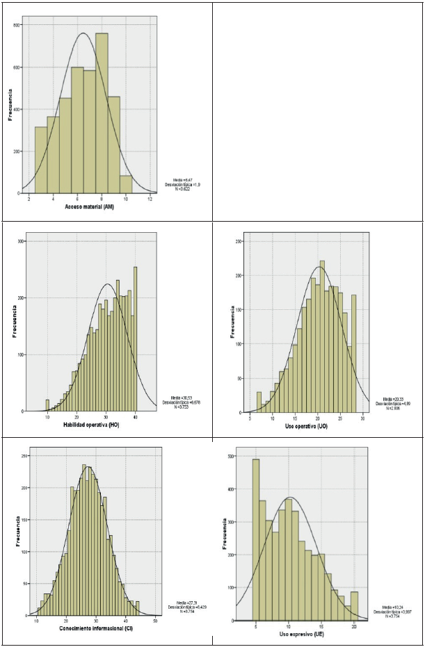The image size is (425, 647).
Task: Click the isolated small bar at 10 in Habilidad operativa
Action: (47, 405)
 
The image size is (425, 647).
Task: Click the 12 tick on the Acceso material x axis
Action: (150, 199)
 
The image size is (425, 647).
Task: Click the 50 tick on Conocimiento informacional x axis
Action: (155, 621)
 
